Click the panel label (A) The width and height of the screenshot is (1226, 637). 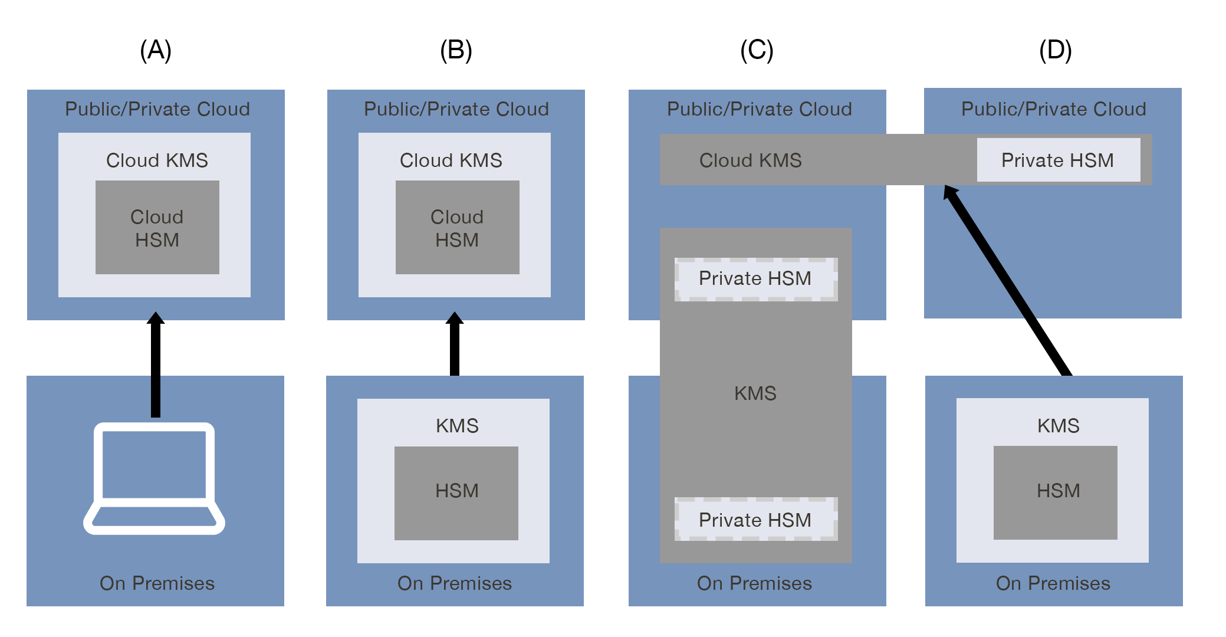coord(156,50)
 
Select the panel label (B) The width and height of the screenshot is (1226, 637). coord(456,50)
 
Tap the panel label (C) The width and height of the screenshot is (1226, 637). coord(757,50)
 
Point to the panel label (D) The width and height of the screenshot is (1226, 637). coord(1055,50)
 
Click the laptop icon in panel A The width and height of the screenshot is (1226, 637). coord(155,478)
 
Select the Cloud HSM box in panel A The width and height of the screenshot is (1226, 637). coord(157,228)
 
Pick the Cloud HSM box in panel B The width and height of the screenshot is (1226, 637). coord(457,228)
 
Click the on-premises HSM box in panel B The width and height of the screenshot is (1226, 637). coord(456,492)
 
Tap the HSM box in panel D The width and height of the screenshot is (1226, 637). coord(1055,492)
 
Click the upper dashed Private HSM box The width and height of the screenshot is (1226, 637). coord(755,279)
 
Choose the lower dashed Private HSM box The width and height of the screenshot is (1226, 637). coord(755,520)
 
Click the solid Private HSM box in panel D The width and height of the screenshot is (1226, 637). coord(1058,160)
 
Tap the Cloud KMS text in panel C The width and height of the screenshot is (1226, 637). coord(750,160)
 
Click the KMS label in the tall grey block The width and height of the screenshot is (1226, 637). coord(755,393)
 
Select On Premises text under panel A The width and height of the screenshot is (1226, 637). coord(157,583)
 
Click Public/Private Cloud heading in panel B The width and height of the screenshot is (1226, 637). coord(456,109)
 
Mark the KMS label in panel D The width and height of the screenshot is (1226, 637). coord(1058,426)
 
